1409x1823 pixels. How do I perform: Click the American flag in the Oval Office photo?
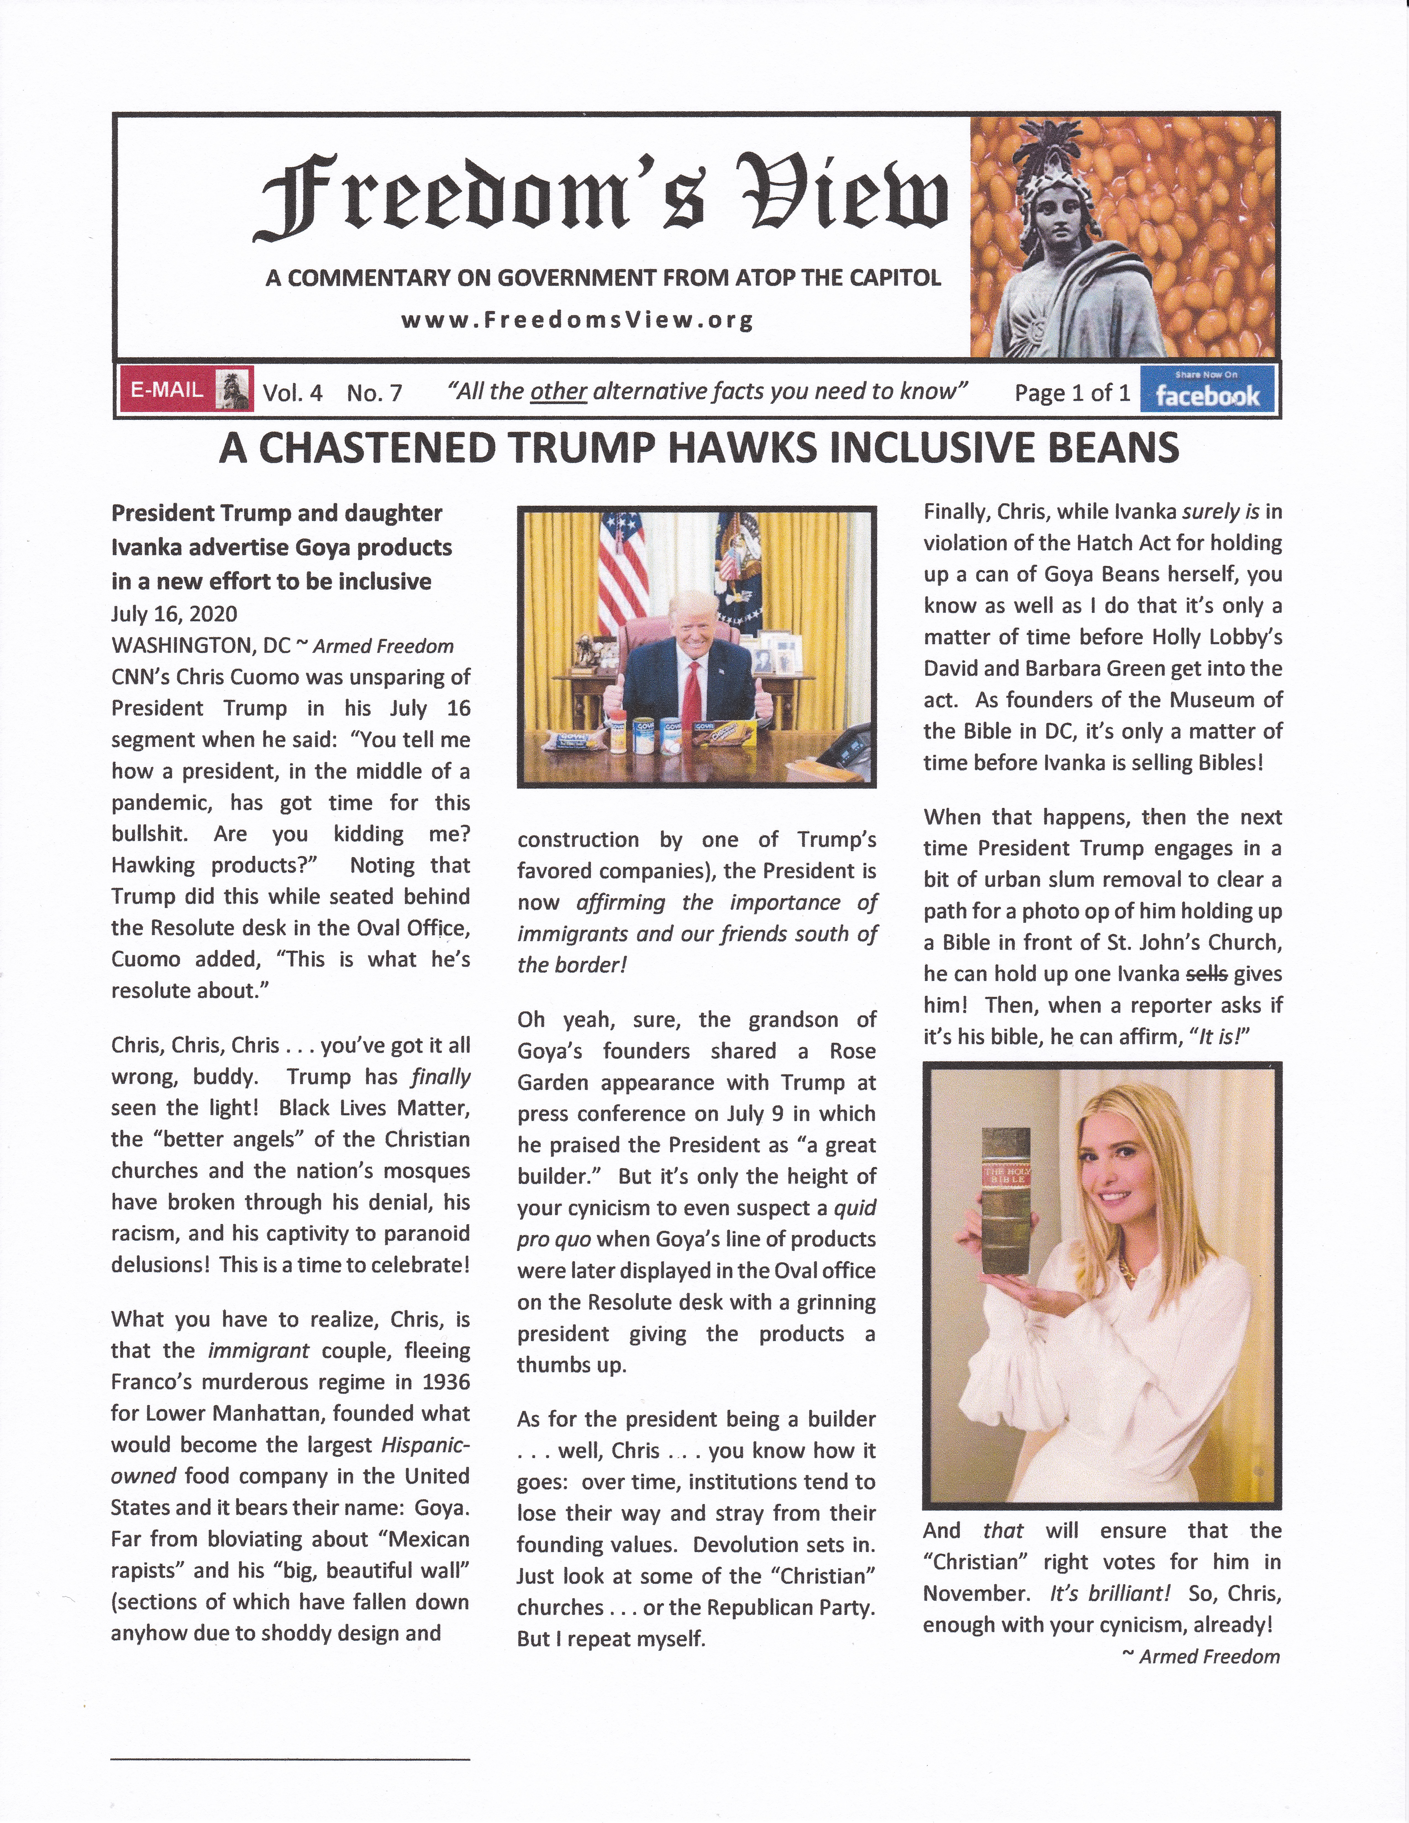[623, 568]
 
